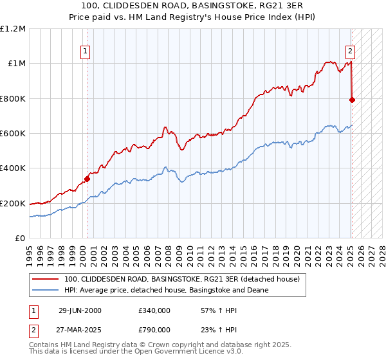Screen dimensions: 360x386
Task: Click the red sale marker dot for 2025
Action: coord(352,100)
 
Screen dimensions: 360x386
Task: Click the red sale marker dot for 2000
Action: coord(87,179)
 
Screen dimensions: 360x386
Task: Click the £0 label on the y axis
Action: coord(20,239)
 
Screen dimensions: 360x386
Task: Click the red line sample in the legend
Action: coord(45,279)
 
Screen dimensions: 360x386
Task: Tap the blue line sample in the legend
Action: coord(45,291)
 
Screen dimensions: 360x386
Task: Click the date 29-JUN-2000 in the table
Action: coord(80,310)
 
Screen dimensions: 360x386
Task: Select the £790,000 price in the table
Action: coord(154,329)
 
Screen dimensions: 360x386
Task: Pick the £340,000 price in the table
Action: coord(154,310)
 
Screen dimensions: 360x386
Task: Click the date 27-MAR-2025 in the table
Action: coord(80,329)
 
